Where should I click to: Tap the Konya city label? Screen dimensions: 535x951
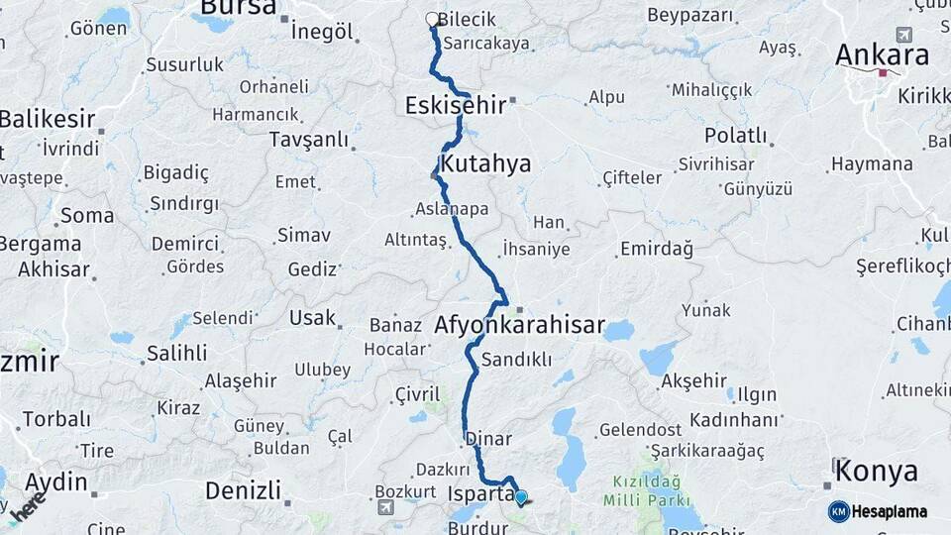(x=875, y=471)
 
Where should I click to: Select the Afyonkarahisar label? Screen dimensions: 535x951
(x=519, y=325)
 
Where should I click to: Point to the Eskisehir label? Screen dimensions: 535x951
(x=455, y=105)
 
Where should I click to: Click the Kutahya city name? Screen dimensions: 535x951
(x=485, y=163)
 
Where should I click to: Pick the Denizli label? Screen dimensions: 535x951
(x=243, y=489)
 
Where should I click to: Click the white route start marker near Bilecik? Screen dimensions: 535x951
(x=432, y=19)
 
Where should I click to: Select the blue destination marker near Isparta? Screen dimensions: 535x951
(x=521, y=497)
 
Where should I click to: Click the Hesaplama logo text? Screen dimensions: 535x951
(x=890, y=511)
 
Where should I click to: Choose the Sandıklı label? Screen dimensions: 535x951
(x=516, y=360)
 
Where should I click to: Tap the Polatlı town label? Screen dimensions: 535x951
(x=735, y=135)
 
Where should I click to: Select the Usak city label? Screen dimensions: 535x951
(x=312, y=318)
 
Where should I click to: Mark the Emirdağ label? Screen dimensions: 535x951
(x=656, y=249)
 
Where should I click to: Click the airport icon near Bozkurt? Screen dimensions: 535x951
(x=385, y=507)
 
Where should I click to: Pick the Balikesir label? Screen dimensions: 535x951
(x=48, y=120)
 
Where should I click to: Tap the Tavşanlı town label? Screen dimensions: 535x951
(x=309, y=140)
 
